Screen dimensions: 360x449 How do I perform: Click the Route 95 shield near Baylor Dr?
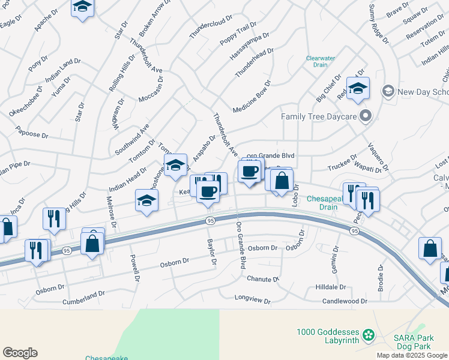pos(209,221)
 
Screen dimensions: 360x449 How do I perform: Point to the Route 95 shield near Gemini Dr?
pos(355,230)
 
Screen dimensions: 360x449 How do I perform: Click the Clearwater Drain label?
pos(320,61)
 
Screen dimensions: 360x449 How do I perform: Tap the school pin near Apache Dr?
pos(83,8)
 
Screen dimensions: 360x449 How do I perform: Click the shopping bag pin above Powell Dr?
pos(92,243)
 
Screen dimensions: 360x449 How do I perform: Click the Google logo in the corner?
pos(20,353)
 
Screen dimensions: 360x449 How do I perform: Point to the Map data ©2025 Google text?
pos(412,355)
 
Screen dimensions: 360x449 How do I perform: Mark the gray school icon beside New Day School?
pos(388,91)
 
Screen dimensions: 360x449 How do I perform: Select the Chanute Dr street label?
pos(263,279)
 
